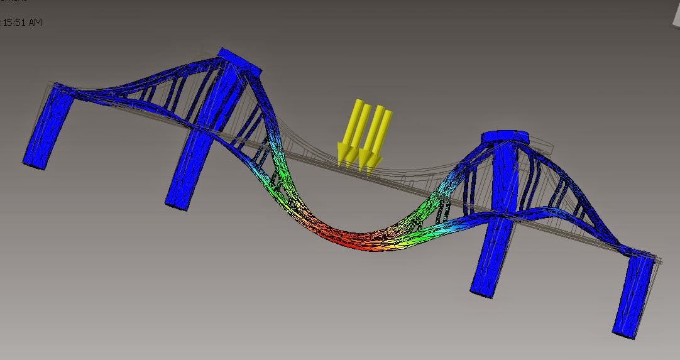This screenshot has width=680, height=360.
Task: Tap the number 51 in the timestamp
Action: coord(19,23)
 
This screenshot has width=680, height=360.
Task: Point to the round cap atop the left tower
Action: coord(239,58)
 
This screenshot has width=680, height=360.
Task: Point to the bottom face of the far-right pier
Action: coord(625,330)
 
